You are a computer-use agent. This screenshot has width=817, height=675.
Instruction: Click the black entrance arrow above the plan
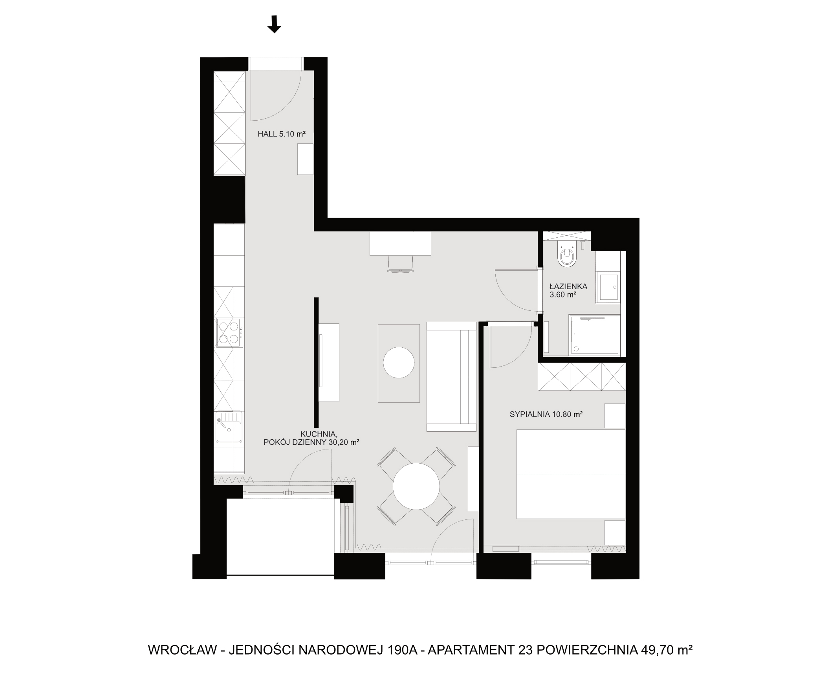pyautogui.click(x=274, y=24)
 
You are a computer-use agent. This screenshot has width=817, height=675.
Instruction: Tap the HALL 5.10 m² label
pyautogui.click(x=282, y=134)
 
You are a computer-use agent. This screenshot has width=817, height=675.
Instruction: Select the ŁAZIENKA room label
pyautogui.click(x=568, y=286)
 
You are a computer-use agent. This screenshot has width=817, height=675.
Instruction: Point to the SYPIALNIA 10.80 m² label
pyautogui.click(x=546, y=414)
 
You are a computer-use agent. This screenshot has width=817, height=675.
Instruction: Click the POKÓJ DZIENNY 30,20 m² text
pyautogui.click(x=311, y=442)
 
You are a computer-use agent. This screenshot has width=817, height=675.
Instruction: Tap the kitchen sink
pyautogui.click(x=229, y=427)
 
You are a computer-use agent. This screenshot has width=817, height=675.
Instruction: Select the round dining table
pyautogui.click(x=416, y=486)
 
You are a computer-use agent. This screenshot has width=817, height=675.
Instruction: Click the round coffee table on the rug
pyautogui.click(x=399, y=362)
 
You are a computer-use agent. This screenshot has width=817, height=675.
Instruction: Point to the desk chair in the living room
pyautogui.click(x=401, y=263)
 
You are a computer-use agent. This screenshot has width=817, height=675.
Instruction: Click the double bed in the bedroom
pyautogui.click(x=571, y=474)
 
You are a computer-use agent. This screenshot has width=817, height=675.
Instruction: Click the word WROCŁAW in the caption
pyautogui.click(x=182, y=650)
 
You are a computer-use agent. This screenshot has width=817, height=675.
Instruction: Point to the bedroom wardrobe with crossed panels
pyautogui.click(x=582, y=377)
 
